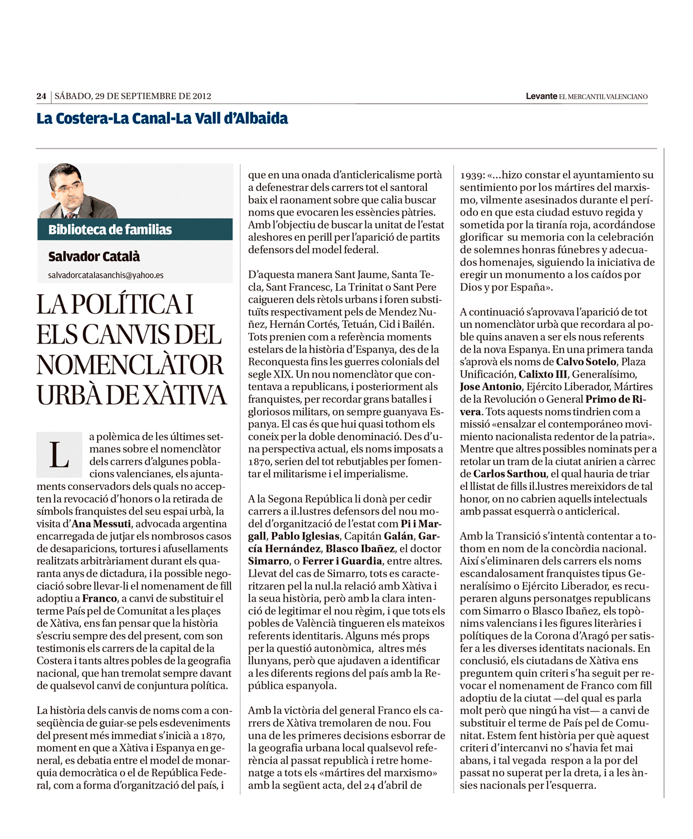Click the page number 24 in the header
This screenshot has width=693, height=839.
click(x=41, y=96)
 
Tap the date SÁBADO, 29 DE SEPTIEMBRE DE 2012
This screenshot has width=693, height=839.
click(x=133, y=96)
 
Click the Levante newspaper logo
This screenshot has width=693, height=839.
click(x=541, y=96)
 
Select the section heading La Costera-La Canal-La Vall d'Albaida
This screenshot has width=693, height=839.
click(x=162, y=118)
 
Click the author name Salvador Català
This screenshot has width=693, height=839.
click(x=94, y=256)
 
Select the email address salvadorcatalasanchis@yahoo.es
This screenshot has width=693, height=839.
click(x=106, y=275)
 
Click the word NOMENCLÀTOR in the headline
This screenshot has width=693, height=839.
click(x=130, y=365)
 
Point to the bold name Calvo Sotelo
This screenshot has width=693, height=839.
click(x=586, y=361)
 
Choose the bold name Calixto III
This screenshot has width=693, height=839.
click(x=543, y=374)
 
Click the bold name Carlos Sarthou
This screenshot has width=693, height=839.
click(x=510, y=474)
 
